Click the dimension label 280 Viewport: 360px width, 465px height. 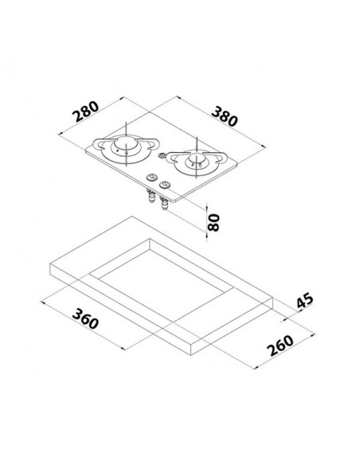pyautogui.click(x=86, y=111)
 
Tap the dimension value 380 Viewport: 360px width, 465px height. pyautogui.click(x=225, y=116)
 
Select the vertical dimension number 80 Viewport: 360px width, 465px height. pyautogui.click(x=213, y=222)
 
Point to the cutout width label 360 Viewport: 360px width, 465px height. pyautogui.click(x=85, y=318)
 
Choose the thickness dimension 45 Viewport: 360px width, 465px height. pyautogui.click(x=304, y=300)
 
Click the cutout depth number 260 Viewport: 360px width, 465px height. pyautogui.click(x=280, y=346)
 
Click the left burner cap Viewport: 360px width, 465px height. pyautogui.click(x=126, y=143)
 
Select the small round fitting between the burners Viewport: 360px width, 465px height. pyautogui.click(x=162, y=155)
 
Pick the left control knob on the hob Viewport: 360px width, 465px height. pyautogui.click(x=151, y=178)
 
